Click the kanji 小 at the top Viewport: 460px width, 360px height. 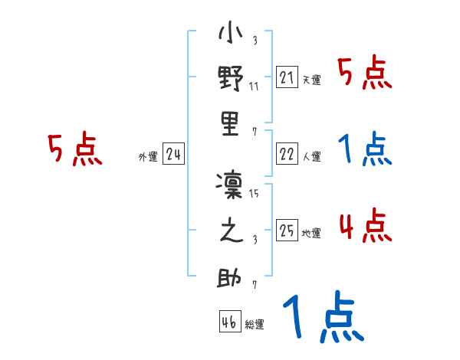(x=231, y=34)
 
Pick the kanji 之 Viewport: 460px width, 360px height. (x=231, y=231)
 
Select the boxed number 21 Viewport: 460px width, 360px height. (x=286, y=78)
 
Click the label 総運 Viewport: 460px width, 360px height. (x=255, y=325)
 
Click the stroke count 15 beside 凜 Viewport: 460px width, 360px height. (x=254, y=193)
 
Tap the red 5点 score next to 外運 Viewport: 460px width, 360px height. (x=74, y=150)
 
